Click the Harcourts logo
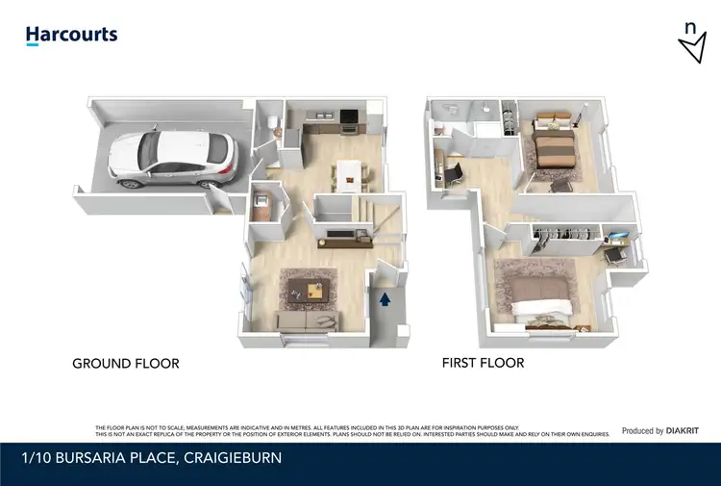(71, 36)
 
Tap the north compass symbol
(691, 43)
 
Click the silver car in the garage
(170, 158)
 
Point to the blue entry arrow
(385, 299)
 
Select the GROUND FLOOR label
(126, 364)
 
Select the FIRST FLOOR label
(483, 363)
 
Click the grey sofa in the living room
(305, 320)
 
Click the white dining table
(351, 172)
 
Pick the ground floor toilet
(272, 121)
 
